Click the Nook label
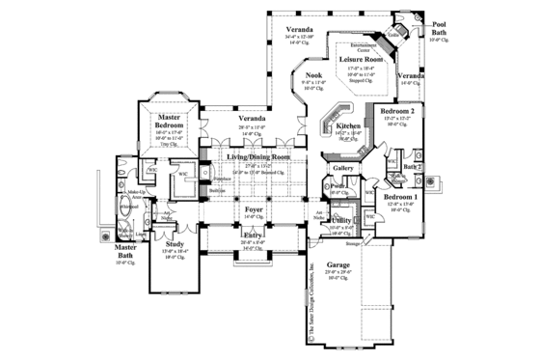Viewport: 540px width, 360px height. [314, 75]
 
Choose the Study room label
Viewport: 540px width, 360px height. [175, 244]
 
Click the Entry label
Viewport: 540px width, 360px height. [254, 234]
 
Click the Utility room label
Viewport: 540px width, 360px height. [340, 221]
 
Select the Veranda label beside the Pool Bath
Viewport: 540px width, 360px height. [410, 75]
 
